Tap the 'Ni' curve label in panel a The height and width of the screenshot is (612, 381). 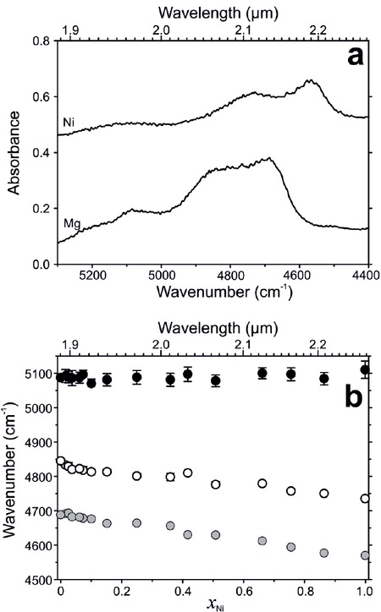[x=70, y=123]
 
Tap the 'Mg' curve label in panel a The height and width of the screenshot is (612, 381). [x=72, y=221]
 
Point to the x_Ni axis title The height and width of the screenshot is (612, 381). [x=212, y=601]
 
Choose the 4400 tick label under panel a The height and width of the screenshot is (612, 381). [x=365, y=276]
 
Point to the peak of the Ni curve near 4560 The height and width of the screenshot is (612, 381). [x=311, y=81]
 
